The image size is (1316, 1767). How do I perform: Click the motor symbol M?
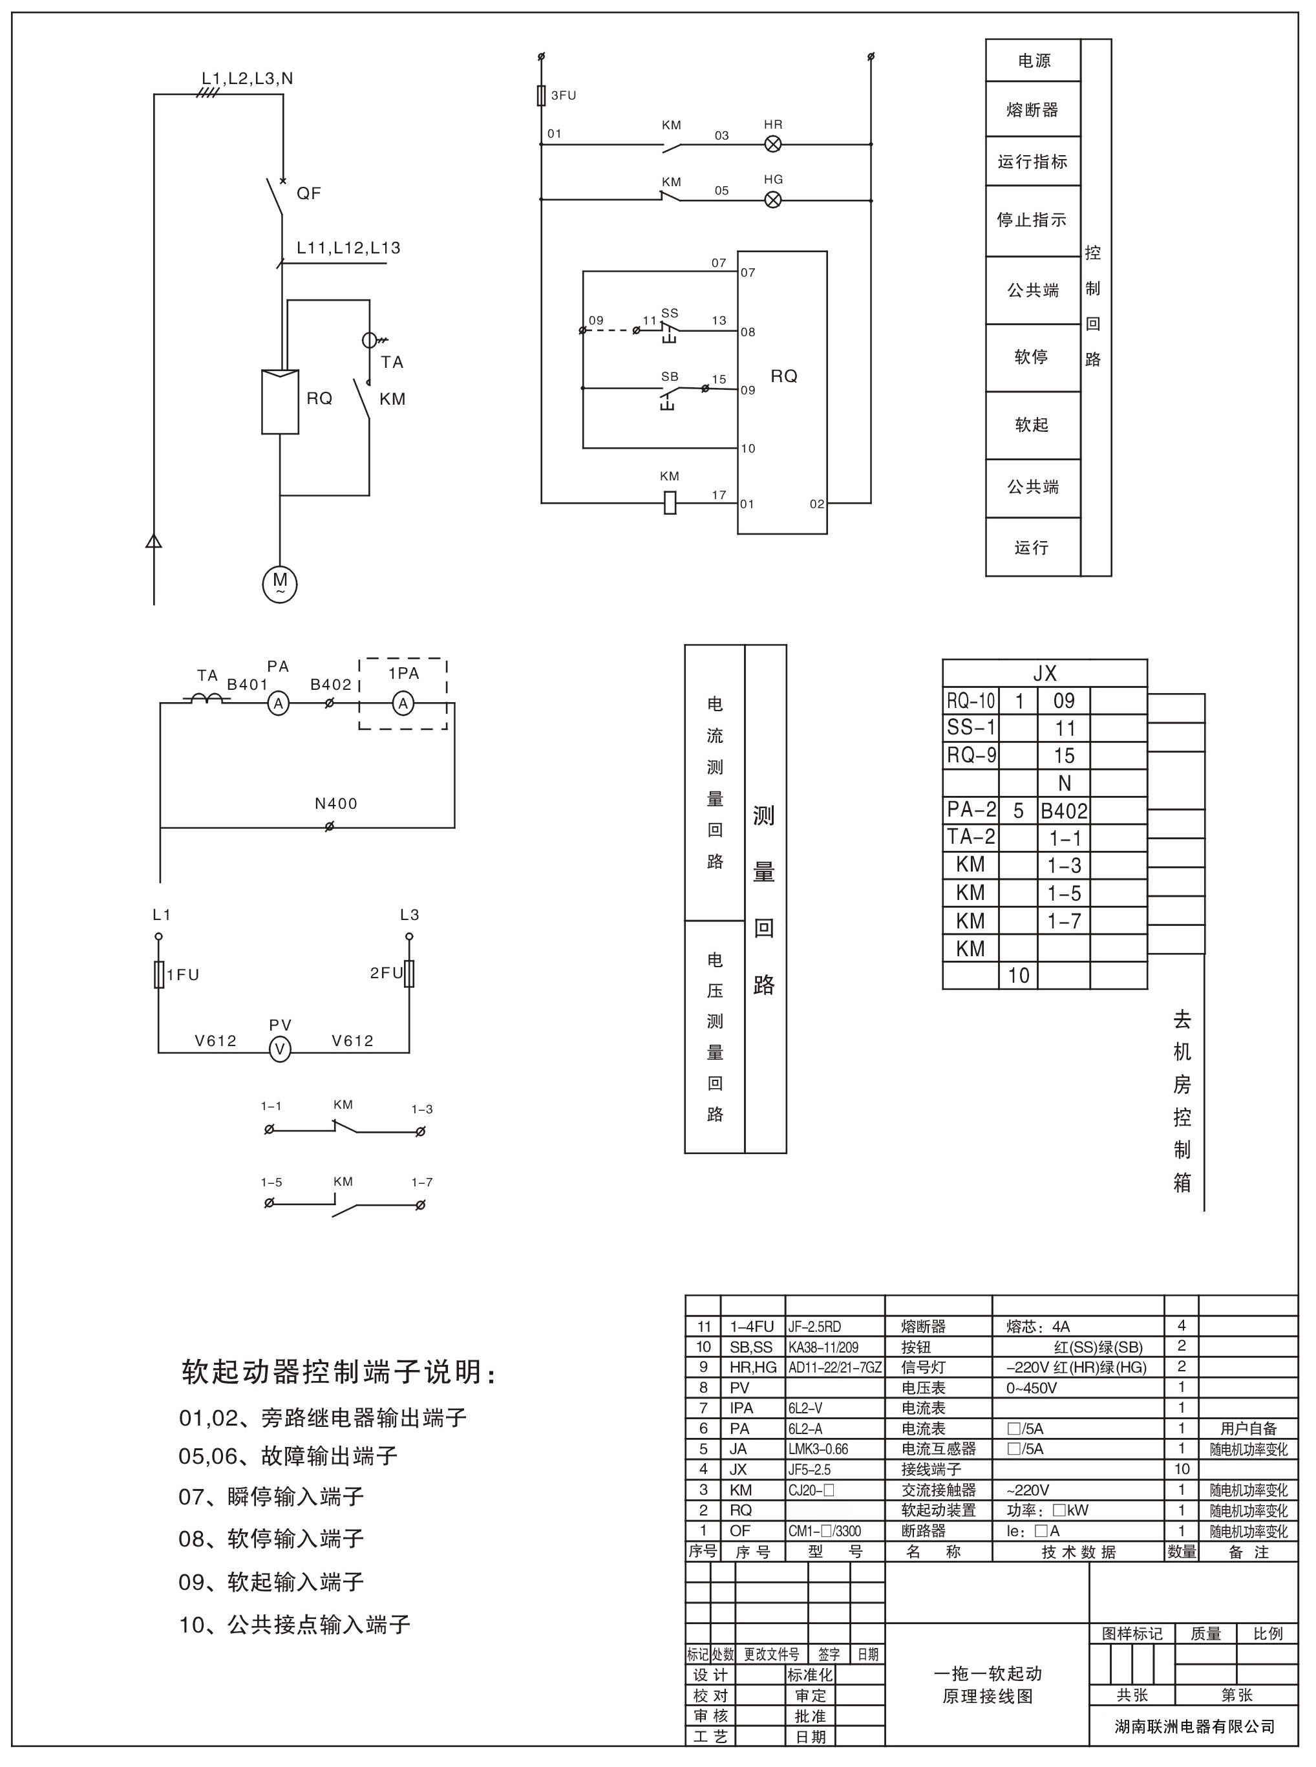tap(280, 584)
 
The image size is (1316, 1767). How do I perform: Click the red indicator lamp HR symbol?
tap(772, 144)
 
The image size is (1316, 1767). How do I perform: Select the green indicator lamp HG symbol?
tap(772, 199)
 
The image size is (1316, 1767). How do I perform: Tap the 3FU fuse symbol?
tap(542, 96)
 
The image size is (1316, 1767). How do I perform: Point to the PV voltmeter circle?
tap(280, 1051)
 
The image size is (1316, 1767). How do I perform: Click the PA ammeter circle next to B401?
tap(278, 703)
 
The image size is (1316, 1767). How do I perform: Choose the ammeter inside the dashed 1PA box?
tap(403, 703)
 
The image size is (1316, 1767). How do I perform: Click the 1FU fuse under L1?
tap(159, 974)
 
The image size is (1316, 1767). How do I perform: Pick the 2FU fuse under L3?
tap(409, 974)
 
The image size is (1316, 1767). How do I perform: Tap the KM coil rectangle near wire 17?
tap(670, 503)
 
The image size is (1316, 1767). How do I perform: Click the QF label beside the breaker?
tap(308, 193)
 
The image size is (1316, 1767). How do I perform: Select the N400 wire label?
tap(336, 804)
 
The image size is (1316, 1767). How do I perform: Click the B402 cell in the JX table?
tap(1065, 811)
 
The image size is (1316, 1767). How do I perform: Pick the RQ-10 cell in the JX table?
tap(971, 701)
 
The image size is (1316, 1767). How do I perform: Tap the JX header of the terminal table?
tap(1045, 673)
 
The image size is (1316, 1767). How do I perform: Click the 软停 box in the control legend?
tap(1032, 357)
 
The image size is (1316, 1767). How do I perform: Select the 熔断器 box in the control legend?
tap(1032, 110)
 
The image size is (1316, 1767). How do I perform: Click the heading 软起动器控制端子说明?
tap(339, 1371)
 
